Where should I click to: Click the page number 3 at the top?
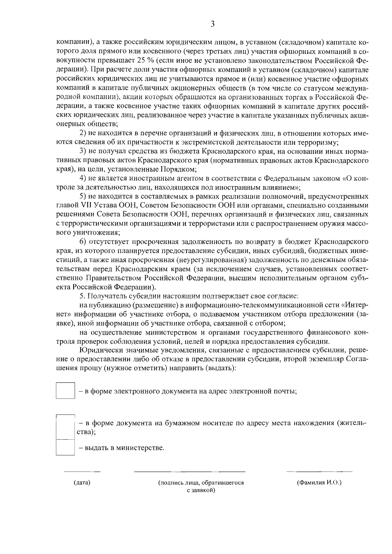coord(212,24)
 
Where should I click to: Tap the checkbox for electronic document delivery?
coord(65,390)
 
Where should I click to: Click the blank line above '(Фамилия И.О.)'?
coord(319,472)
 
